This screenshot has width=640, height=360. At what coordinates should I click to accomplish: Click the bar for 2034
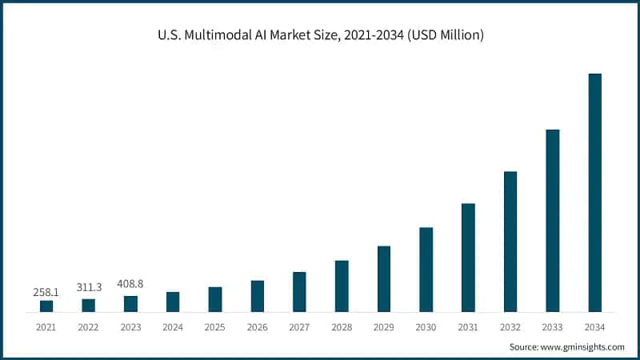(x=594, y=192)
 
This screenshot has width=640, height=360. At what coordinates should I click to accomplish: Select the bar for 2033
(x=552, y=220)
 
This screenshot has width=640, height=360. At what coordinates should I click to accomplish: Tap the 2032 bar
(x=510, y=241)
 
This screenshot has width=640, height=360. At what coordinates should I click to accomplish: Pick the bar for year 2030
(x=426, y=269)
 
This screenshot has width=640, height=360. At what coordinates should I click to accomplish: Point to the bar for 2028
(x=342, y=286)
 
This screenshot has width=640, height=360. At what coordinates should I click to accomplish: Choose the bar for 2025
(x=215, y=298)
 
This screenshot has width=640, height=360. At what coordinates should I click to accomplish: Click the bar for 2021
(x=46, y=306)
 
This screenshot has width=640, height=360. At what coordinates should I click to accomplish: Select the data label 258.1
(x=46, y=292)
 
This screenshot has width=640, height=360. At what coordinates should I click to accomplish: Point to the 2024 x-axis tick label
(x=173, y=327)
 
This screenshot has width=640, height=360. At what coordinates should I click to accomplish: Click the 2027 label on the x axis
(x=299, y=327)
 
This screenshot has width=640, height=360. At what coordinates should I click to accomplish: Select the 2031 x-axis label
(x=468, y=327)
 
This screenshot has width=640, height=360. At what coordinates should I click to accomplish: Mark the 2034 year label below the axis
(x=594, y=327)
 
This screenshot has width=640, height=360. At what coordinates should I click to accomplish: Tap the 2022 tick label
(x=89, y=327)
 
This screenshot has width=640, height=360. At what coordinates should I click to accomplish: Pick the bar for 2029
(x=384, y=278)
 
